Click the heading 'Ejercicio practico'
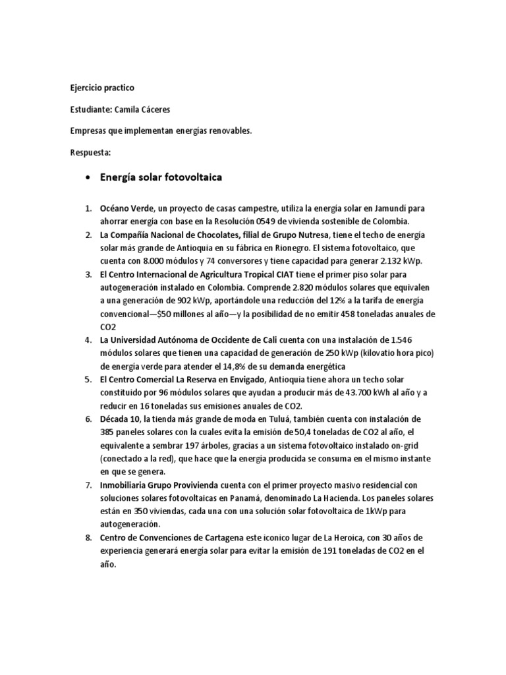click(x=101, y=87)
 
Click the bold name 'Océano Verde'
click(x=128, y=209)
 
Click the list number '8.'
click(x=89, y=538)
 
